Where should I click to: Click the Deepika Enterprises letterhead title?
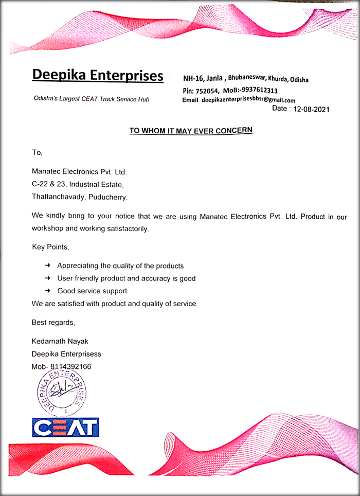coord(98,75)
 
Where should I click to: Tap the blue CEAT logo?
coord(65,428)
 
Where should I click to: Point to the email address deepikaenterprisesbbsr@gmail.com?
coord(248,100)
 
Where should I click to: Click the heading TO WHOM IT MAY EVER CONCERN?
coord(191,131)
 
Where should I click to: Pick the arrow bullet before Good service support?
coord(47,291)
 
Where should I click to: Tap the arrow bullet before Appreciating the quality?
coord(47,265)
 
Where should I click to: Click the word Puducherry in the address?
coord(108,197)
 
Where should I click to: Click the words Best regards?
coord(53,323)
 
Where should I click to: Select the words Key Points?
coord(50,247)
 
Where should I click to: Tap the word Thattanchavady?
coord(58,197)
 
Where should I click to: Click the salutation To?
coord(37,153)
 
